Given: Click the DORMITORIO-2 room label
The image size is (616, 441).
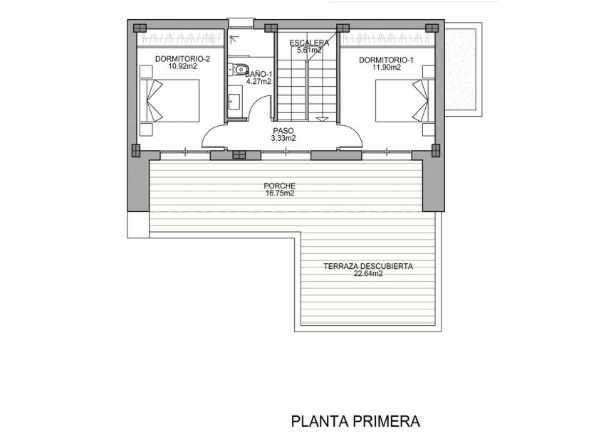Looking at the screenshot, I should (182, 59).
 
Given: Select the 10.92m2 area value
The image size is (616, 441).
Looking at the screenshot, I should (182, 67).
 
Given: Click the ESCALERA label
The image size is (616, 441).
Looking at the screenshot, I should (309, 43).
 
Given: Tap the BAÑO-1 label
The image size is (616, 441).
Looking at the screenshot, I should (259, 74).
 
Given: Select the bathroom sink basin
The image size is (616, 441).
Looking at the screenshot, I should (234, 100).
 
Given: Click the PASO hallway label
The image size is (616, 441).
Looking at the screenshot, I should (283, 131).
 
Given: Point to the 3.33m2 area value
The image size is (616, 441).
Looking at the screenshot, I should (283, 139).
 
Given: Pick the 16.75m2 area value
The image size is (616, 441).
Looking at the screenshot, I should (283, 193).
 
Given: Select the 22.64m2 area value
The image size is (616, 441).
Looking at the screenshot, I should (367, 274).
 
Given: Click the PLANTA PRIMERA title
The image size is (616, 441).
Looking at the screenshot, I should (355, 421).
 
